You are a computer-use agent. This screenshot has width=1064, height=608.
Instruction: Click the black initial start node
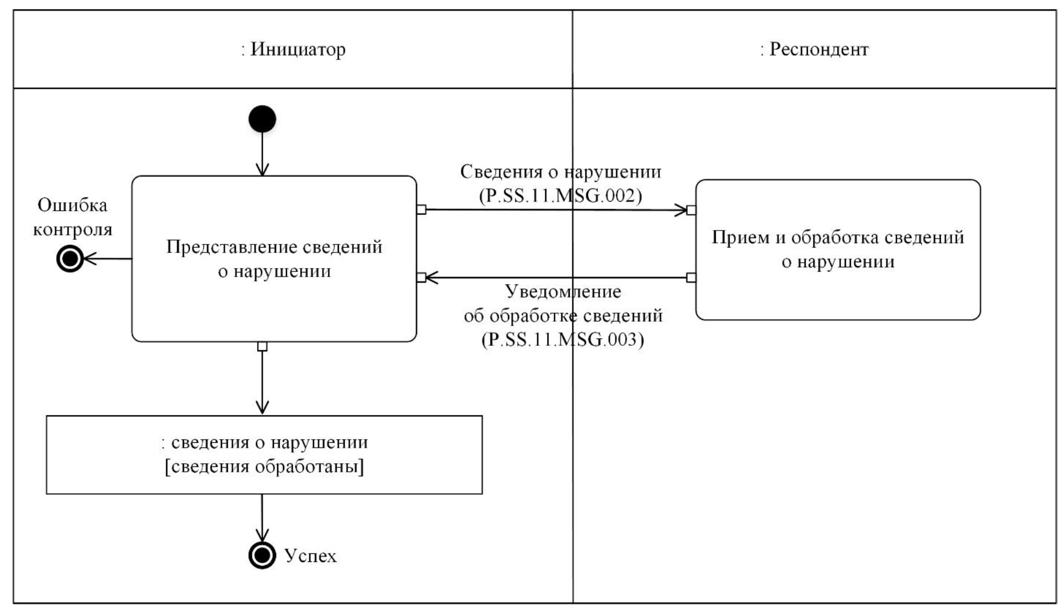(262, 118)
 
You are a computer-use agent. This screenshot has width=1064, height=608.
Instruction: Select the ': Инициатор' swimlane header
(293, 49)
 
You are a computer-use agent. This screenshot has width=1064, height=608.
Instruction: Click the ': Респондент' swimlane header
(814, 49)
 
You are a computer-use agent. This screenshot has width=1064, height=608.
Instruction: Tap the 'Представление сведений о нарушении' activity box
(274, 258)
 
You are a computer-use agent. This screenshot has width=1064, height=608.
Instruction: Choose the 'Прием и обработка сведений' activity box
(837, 250)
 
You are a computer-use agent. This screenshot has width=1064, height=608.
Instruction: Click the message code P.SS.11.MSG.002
(561, 196)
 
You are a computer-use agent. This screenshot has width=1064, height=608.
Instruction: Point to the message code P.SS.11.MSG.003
(563, 339)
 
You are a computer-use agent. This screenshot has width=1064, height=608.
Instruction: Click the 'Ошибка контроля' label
(72, 217)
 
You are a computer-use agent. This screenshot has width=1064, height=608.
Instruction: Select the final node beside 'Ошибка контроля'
(70, 259)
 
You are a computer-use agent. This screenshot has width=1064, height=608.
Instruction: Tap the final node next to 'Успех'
(262, 555)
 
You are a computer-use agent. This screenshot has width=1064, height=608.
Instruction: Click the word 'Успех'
(311, 556)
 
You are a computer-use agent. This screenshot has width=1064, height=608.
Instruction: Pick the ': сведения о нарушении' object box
(264, 455)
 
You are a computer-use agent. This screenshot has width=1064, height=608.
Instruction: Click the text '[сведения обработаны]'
(264, 466)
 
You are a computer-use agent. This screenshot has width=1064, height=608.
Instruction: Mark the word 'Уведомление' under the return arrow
(563, 292)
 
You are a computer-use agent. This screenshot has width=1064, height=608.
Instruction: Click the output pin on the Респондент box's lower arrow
(691, 278)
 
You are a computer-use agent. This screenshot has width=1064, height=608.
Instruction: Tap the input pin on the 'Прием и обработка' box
(691, 210)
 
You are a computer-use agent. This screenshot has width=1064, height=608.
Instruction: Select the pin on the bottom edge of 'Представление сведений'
(262, 346)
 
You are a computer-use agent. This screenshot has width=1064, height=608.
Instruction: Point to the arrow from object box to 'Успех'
(262, 517)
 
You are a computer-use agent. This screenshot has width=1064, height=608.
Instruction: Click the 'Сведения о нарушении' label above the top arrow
(561, 172)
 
